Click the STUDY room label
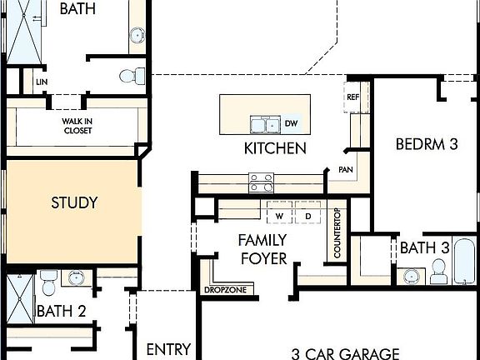pyautogui.click(x=74, y=202)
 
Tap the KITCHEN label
pyautogui.click(x=275, y=149)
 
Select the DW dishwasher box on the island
pyautogui.click(x=291, y=124)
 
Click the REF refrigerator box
pyautogui.click(x=352, y=97)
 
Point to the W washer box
pyautogui.click(x=279, y=216)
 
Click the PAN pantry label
pyautogui.click(x=346, y=169)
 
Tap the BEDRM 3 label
pyautogui.click(x=427, y=143)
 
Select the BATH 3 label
pyautogui.click(x=425, y=247)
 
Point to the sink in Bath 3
pyautogui.click(x=411, y=276)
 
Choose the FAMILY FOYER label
pyautogui.click(x=262, y=249)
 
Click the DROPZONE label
pyautogui.click(x=222, y=291)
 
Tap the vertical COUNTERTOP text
pyautogui.click(x=337, y=232)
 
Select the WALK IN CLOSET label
pyautogui.click(x=76, y=126)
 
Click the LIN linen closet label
pyautogui.click(x=40, y=82)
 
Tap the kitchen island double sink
pyautogui.click(x=264, y=125)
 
